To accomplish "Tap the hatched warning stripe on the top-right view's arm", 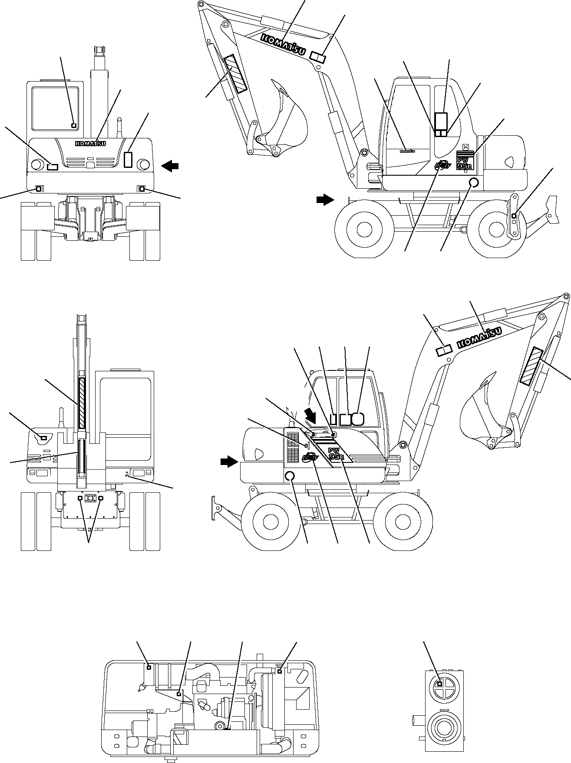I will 235,74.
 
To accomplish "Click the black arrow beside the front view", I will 170,165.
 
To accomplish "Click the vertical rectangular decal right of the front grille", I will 128,160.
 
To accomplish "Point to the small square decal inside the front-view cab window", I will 74,125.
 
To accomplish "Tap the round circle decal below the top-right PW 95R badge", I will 475,183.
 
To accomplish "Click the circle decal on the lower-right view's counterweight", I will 290,476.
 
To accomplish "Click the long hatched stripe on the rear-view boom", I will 82,403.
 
